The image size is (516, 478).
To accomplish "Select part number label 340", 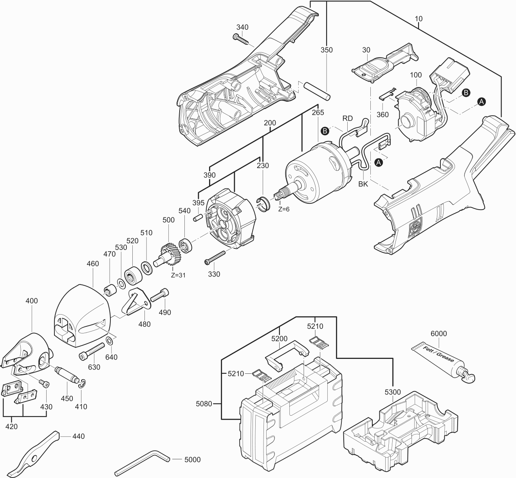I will click(242, 27).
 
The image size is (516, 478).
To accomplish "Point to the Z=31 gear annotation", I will click(178, 275).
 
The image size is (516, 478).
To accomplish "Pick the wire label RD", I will click(347, 118).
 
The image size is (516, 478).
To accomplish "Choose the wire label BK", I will click(363, 184).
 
